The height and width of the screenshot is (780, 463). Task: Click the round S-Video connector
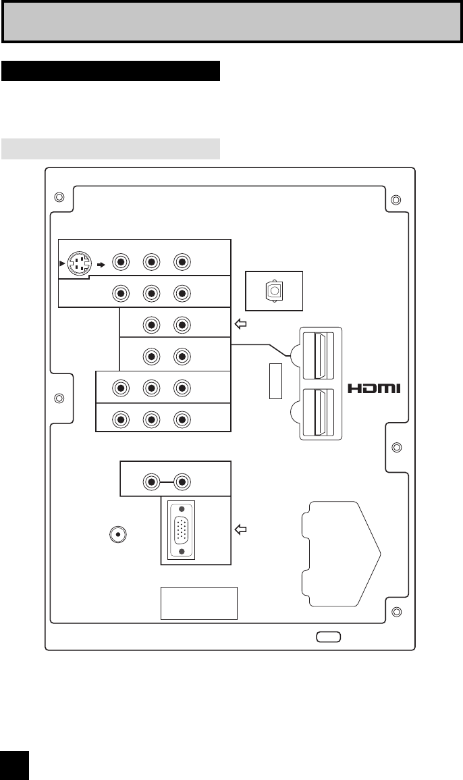coord(80,262)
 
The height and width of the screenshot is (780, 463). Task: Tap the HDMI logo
coord(375,388)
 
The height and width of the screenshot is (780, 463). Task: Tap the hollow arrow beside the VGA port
coord(241,530)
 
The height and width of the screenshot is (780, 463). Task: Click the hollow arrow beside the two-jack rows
coord(241,324)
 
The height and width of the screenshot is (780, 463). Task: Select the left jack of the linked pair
coord(151,482)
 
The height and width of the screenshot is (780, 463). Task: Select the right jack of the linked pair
coord(181,482)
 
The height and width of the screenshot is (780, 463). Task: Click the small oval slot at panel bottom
coord(329,636)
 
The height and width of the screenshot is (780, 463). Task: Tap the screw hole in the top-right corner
coord(396,199)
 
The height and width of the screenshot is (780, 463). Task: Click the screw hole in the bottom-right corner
coord(396,613)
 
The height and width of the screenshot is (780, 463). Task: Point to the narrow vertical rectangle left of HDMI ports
coord(275,380)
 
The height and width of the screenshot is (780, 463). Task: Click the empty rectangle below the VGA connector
coord(198,602)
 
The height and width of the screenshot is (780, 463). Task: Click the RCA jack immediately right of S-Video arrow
coord(121,262)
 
